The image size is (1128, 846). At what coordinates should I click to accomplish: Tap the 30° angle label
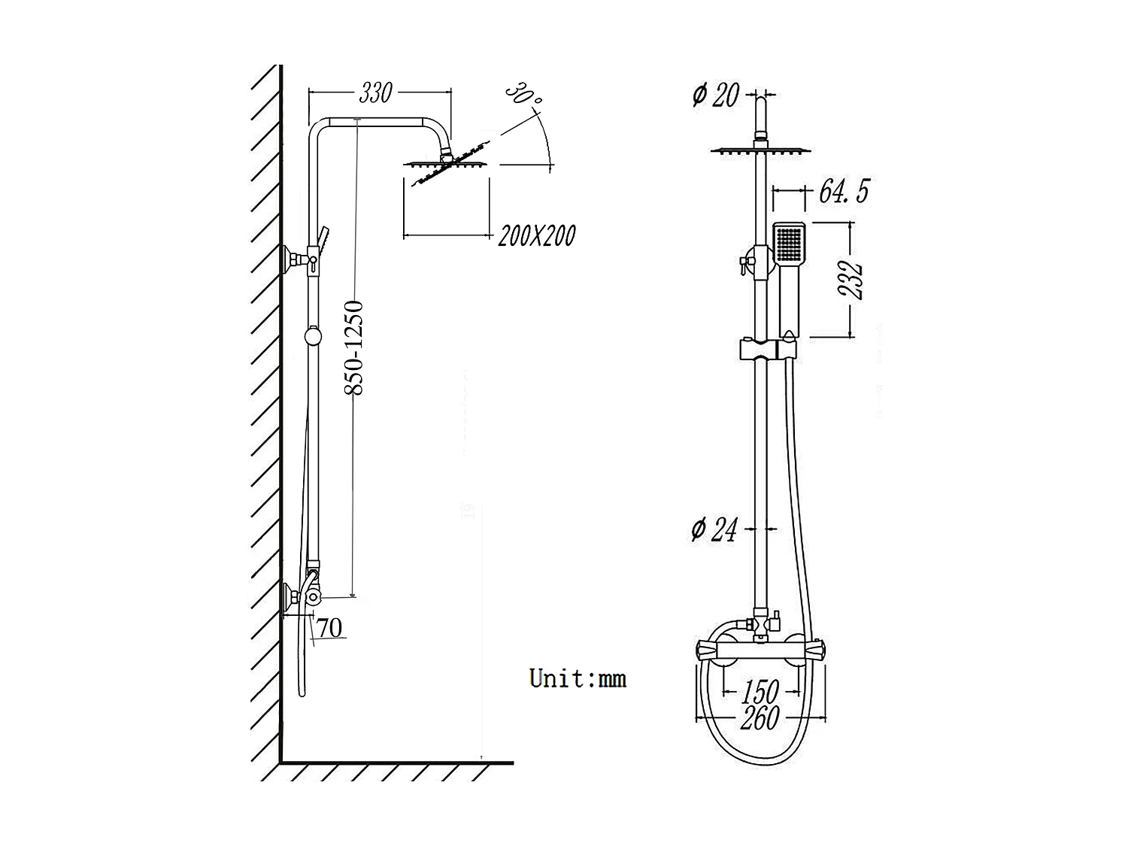pos(523,94)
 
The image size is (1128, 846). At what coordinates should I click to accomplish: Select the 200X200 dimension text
pos(537,235)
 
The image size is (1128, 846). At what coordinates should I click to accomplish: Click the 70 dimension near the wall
pos(329,628)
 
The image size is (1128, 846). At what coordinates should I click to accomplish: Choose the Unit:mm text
pos(578,678)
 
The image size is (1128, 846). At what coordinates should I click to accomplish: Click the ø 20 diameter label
pos(715,95)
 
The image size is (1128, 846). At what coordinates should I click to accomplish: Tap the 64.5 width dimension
pos(843,191)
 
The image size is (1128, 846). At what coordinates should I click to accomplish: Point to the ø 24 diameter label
pos(714,530)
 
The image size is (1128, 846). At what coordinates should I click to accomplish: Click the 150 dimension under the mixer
pos(761,690)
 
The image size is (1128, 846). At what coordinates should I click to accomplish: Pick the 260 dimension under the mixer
pos(760,718)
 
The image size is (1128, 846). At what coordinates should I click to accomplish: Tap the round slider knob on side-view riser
pos(313,336)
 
